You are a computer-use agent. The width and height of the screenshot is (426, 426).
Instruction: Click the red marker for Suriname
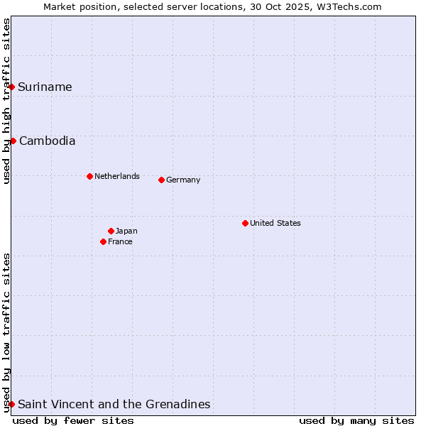(x=12, y=87)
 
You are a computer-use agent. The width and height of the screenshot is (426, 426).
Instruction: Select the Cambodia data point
(x=13, y=141)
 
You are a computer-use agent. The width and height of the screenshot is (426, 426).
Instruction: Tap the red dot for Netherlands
(x=89, y=176)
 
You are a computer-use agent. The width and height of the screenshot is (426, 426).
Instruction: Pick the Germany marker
(x=161, y=180)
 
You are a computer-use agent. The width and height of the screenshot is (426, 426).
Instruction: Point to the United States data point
(x=245, y=223)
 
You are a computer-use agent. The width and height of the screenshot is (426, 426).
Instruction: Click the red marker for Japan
(x=111, y=231)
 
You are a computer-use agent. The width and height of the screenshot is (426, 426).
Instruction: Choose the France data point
(x=104, y=241)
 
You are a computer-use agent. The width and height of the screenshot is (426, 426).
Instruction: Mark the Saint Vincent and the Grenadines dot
(x=12, y=404)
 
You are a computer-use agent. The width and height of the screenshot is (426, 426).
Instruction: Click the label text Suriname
(x=45, y=87)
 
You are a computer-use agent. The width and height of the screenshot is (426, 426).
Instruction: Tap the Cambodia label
(x=47, y=141)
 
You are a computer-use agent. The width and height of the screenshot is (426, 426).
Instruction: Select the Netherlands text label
(x=117, y=176)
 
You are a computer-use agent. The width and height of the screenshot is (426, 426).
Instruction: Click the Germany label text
(x=183, y=180)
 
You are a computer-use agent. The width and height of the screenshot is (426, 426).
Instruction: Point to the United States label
(x=275, y=223)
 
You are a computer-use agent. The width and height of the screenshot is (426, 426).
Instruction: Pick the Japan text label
(x=126, y=231)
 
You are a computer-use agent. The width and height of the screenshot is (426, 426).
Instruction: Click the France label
(x=120, y=241)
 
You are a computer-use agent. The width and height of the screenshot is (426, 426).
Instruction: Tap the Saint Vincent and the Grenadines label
(x=114, y=404)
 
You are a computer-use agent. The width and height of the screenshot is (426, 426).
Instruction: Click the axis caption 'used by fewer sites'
(x=73, y=420)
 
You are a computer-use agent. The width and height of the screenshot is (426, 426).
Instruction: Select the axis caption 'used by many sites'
(x=356, y=420)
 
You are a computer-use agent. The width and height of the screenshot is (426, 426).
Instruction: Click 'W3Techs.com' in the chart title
(x=349, y=6)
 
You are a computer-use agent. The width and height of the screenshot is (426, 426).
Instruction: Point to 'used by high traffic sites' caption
(x=6, y=101)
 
